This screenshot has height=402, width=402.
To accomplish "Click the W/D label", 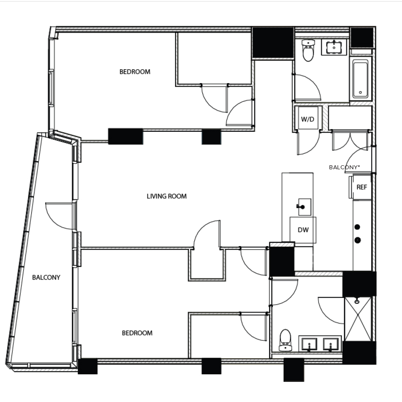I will click(307, 119).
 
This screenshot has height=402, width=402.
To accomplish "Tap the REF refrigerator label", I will click(362, 187).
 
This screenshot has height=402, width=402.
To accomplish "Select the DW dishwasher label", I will click(302, 230).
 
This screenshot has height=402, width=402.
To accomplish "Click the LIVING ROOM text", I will click(167, 196).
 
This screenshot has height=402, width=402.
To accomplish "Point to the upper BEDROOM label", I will click(135, 71).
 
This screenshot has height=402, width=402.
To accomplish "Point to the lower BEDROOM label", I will click(137, 333).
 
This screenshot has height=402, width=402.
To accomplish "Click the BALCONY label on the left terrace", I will click(46, 277).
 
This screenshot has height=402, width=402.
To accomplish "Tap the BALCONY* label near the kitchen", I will click(344, 167).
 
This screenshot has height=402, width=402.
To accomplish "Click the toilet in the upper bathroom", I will click(308, 51).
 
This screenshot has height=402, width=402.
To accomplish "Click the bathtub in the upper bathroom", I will click(360, 79).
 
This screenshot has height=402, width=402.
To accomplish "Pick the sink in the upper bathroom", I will click(334, 46).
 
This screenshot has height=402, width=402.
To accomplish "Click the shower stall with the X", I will click(357, 319).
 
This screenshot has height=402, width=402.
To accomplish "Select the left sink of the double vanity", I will click(309, 344).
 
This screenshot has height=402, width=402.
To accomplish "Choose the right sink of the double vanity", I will click(331, 344).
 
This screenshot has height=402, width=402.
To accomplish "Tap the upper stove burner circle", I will click(357, 227).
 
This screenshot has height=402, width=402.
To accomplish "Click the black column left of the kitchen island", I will click(282, 260).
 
